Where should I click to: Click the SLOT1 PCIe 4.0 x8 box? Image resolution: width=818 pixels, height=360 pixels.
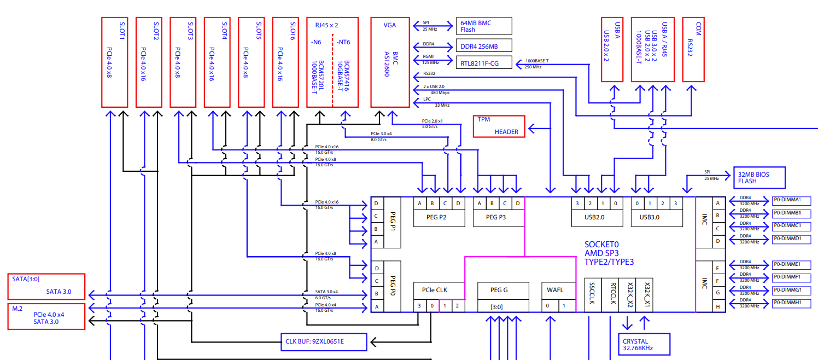(x=114, y=62)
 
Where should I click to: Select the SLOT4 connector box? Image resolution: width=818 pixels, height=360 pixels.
(x=217, y=62)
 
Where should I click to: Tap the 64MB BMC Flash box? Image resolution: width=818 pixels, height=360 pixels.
(x=484, y=26)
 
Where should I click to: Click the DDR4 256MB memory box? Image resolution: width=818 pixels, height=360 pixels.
(x=484, y=45)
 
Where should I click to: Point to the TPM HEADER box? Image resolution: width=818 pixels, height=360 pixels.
(x=499, y=126)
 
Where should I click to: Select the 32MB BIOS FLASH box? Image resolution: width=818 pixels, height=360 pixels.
(x=758, y=178)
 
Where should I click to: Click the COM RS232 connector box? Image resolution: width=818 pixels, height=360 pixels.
(x=694, y=49)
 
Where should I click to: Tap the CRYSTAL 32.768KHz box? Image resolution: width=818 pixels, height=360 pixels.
(x=642, y=344)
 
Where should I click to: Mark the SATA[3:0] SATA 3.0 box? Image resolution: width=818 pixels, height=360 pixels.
(x=46, y=286)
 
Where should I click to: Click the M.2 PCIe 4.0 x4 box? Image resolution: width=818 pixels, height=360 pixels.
(x=46, y=316)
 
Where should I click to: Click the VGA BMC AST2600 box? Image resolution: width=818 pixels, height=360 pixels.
(x=390, y=62)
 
